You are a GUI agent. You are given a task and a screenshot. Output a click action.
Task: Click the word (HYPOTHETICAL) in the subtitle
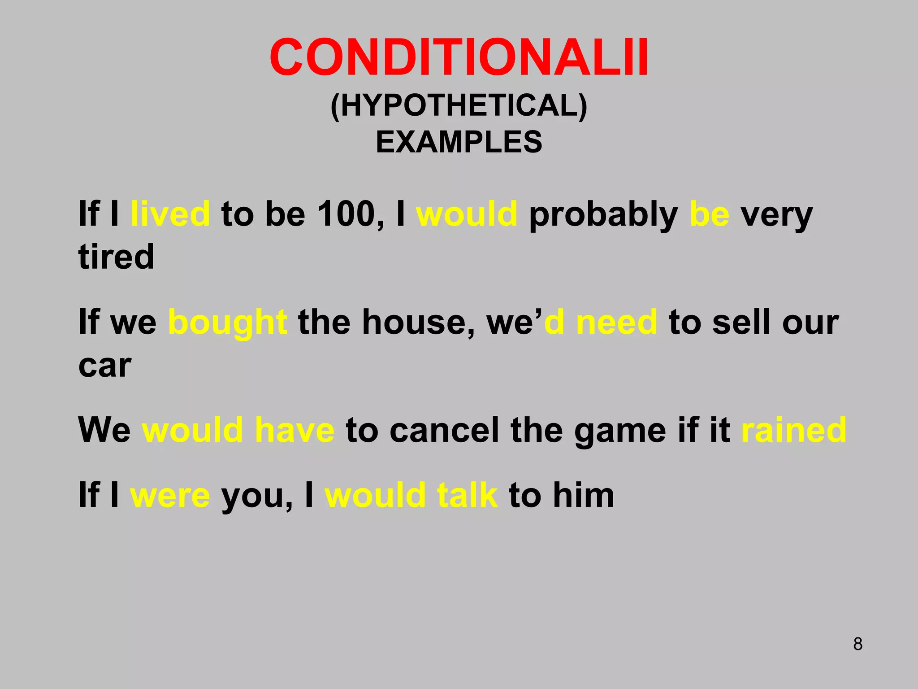pos(459,106)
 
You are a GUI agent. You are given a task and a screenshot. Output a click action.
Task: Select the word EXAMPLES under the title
pos(459,142)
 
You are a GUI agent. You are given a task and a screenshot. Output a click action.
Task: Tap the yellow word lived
pos(170,214)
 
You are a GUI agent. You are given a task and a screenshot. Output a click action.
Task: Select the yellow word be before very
pos(710,214)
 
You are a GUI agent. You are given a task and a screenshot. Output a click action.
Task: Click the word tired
pos(117,257)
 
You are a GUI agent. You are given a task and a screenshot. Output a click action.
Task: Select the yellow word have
pos(294,430)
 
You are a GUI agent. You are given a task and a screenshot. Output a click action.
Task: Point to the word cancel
pos(444,430)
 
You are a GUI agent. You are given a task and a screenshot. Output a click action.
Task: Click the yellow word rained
pos(794,430)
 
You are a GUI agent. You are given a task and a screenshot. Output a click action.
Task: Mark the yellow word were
pos(170,496)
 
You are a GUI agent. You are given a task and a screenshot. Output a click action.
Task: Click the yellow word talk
pos(467,495)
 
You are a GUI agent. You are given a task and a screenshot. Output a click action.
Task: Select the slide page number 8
pos(857,644)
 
